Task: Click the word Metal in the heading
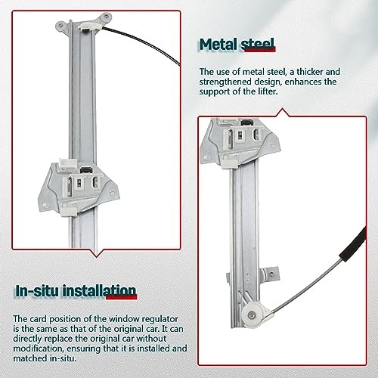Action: pyautogui.click(x=218, y=45)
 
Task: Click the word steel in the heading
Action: pyautogui.click(x=257, y=45)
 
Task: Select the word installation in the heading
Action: pyautogui.click(x=99, y=291)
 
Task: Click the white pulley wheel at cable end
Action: pyautogui.click(x=253, y=314)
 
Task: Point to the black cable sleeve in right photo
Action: pyautogui.click(x=353, y=244)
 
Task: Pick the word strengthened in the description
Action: pyautogui.click(x=225, y=82)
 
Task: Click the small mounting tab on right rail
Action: pyautogui.click(x=271, y=274)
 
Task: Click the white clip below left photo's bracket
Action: pyautogui.click(x=69, y=210)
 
